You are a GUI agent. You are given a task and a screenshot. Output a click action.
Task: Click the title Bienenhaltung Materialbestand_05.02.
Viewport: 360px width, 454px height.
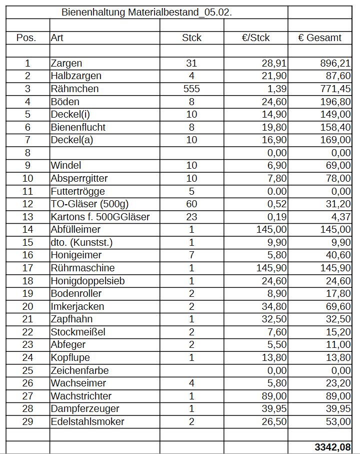tap(146, 13)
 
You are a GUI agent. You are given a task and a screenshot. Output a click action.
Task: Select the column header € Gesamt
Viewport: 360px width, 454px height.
tap(319, 38)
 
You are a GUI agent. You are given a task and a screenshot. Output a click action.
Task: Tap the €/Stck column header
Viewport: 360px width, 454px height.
tap(255, 38)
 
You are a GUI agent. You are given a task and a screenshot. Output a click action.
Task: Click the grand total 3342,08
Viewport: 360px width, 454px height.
tap(332, 447)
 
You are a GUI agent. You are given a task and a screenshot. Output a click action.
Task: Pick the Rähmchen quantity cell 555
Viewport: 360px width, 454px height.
tap(191, 89)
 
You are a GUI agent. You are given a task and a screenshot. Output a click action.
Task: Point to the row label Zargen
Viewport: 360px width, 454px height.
tap(66, 64)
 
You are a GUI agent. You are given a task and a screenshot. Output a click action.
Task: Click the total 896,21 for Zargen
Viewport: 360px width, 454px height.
tap(335, 64)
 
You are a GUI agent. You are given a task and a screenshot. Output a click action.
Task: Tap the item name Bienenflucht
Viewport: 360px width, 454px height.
tap(78, 127)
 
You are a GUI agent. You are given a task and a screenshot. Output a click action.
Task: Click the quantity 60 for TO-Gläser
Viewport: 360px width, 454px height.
tap(191, 204)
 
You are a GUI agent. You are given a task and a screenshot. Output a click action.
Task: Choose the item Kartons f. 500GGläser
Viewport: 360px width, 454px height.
tap(100, 217)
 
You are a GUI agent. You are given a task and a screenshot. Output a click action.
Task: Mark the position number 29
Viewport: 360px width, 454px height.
tap(27, 421)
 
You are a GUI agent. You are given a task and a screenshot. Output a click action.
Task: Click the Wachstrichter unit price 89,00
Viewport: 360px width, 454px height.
tap(274, 396)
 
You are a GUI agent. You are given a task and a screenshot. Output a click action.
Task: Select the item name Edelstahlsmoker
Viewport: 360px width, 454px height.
tap(87, 421)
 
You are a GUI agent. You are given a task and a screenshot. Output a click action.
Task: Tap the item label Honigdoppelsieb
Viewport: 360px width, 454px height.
tap(87, 281)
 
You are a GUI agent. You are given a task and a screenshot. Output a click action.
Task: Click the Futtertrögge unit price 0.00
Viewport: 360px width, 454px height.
tap(274, 191)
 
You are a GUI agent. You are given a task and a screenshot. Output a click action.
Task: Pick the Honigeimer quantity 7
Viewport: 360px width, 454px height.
tap(191, 255)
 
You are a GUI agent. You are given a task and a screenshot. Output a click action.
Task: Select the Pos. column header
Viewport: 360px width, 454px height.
tap(26, 38)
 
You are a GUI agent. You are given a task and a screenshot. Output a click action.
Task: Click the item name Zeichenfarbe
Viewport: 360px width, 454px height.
tap(79, 370)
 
